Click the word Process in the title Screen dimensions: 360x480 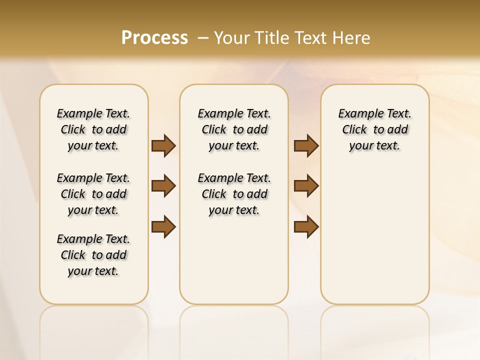[154, 38]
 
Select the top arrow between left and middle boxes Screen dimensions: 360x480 [163, 145]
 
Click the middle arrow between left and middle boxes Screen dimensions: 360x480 [163, 186]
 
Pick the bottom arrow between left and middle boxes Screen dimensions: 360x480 [163, 227]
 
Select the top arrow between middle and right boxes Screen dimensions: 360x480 [306, 145]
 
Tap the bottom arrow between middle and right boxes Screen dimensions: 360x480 [306, 227]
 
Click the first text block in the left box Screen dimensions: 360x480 [93, 129]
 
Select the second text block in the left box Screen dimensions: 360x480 [93, 194]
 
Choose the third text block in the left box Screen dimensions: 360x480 [93, 255]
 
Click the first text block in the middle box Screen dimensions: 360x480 [234, 129]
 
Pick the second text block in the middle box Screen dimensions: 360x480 [234, 194]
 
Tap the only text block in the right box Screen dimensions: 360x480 [374, 129]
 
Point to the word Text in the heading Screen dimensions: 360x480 [308, 38]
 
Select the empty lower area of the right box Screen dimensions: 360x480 [374, 235]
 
